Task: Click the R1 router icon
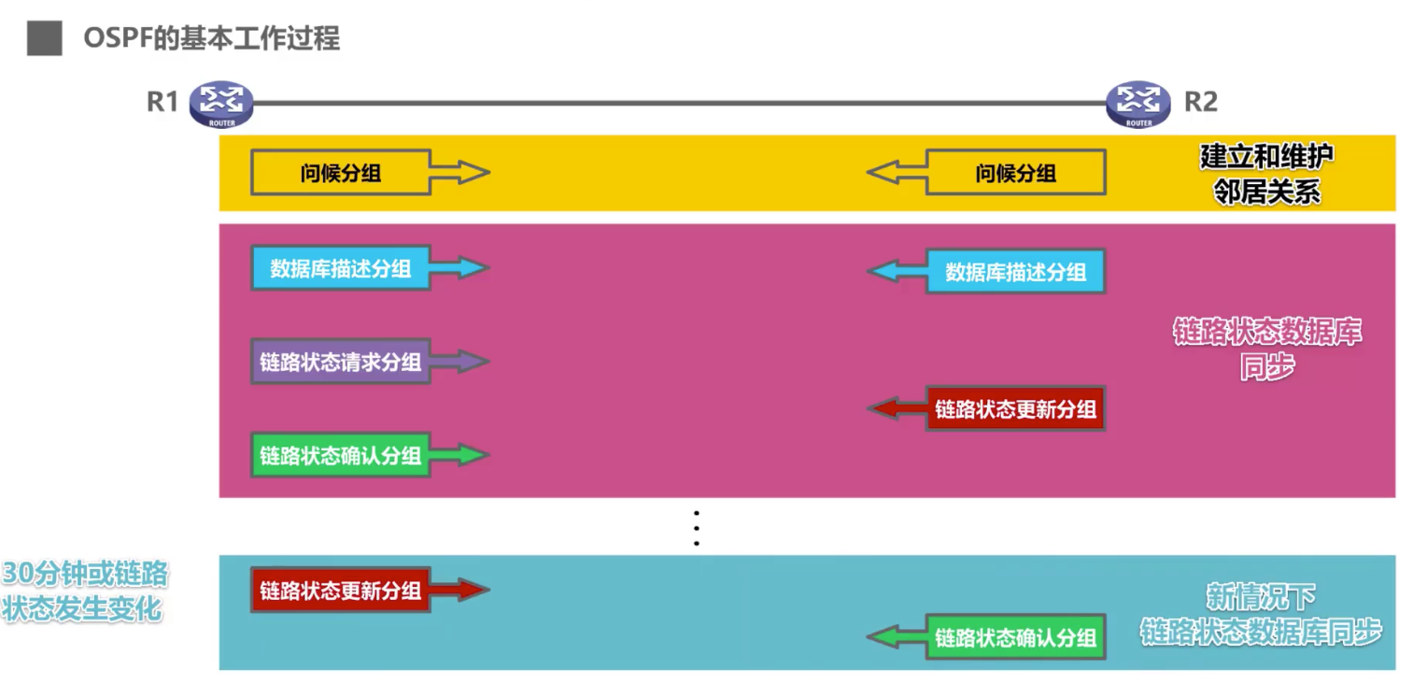coord(220,102)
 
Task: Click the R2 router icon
coord(1137,102)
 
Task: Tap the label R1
coord(162,102)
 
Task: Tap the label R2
coord(1200,102)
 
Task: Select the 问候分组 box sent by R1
coord(340,173)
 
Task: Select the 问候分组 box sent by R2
coord(1015,173)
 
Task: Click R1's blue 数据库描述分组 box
coord(340,269)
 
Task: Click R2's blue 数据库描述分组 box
coord(1015,272)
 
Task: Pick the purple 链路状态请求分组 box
coord(340,362)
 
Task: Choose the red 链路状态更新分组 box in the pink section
coord(1015,409)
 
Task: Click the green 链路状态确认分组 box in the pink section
coord(340,455)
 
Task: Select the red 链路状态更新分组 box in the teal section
coord(340,591)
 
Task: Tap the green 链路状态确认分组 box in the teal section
coord(1015,637)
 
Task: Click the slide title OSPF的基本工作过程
coord(211,38)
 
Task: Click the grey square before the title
coord(44,38)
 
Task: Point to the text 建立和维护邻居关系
coord(1266,174)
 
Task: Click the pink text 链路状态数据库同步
coord(1266,349)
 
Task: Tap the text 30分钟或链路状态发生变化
coord(84,591)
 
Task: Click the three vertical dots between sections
coord(696,528)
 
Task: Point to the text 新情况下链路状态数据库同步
coord(1260,615)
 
